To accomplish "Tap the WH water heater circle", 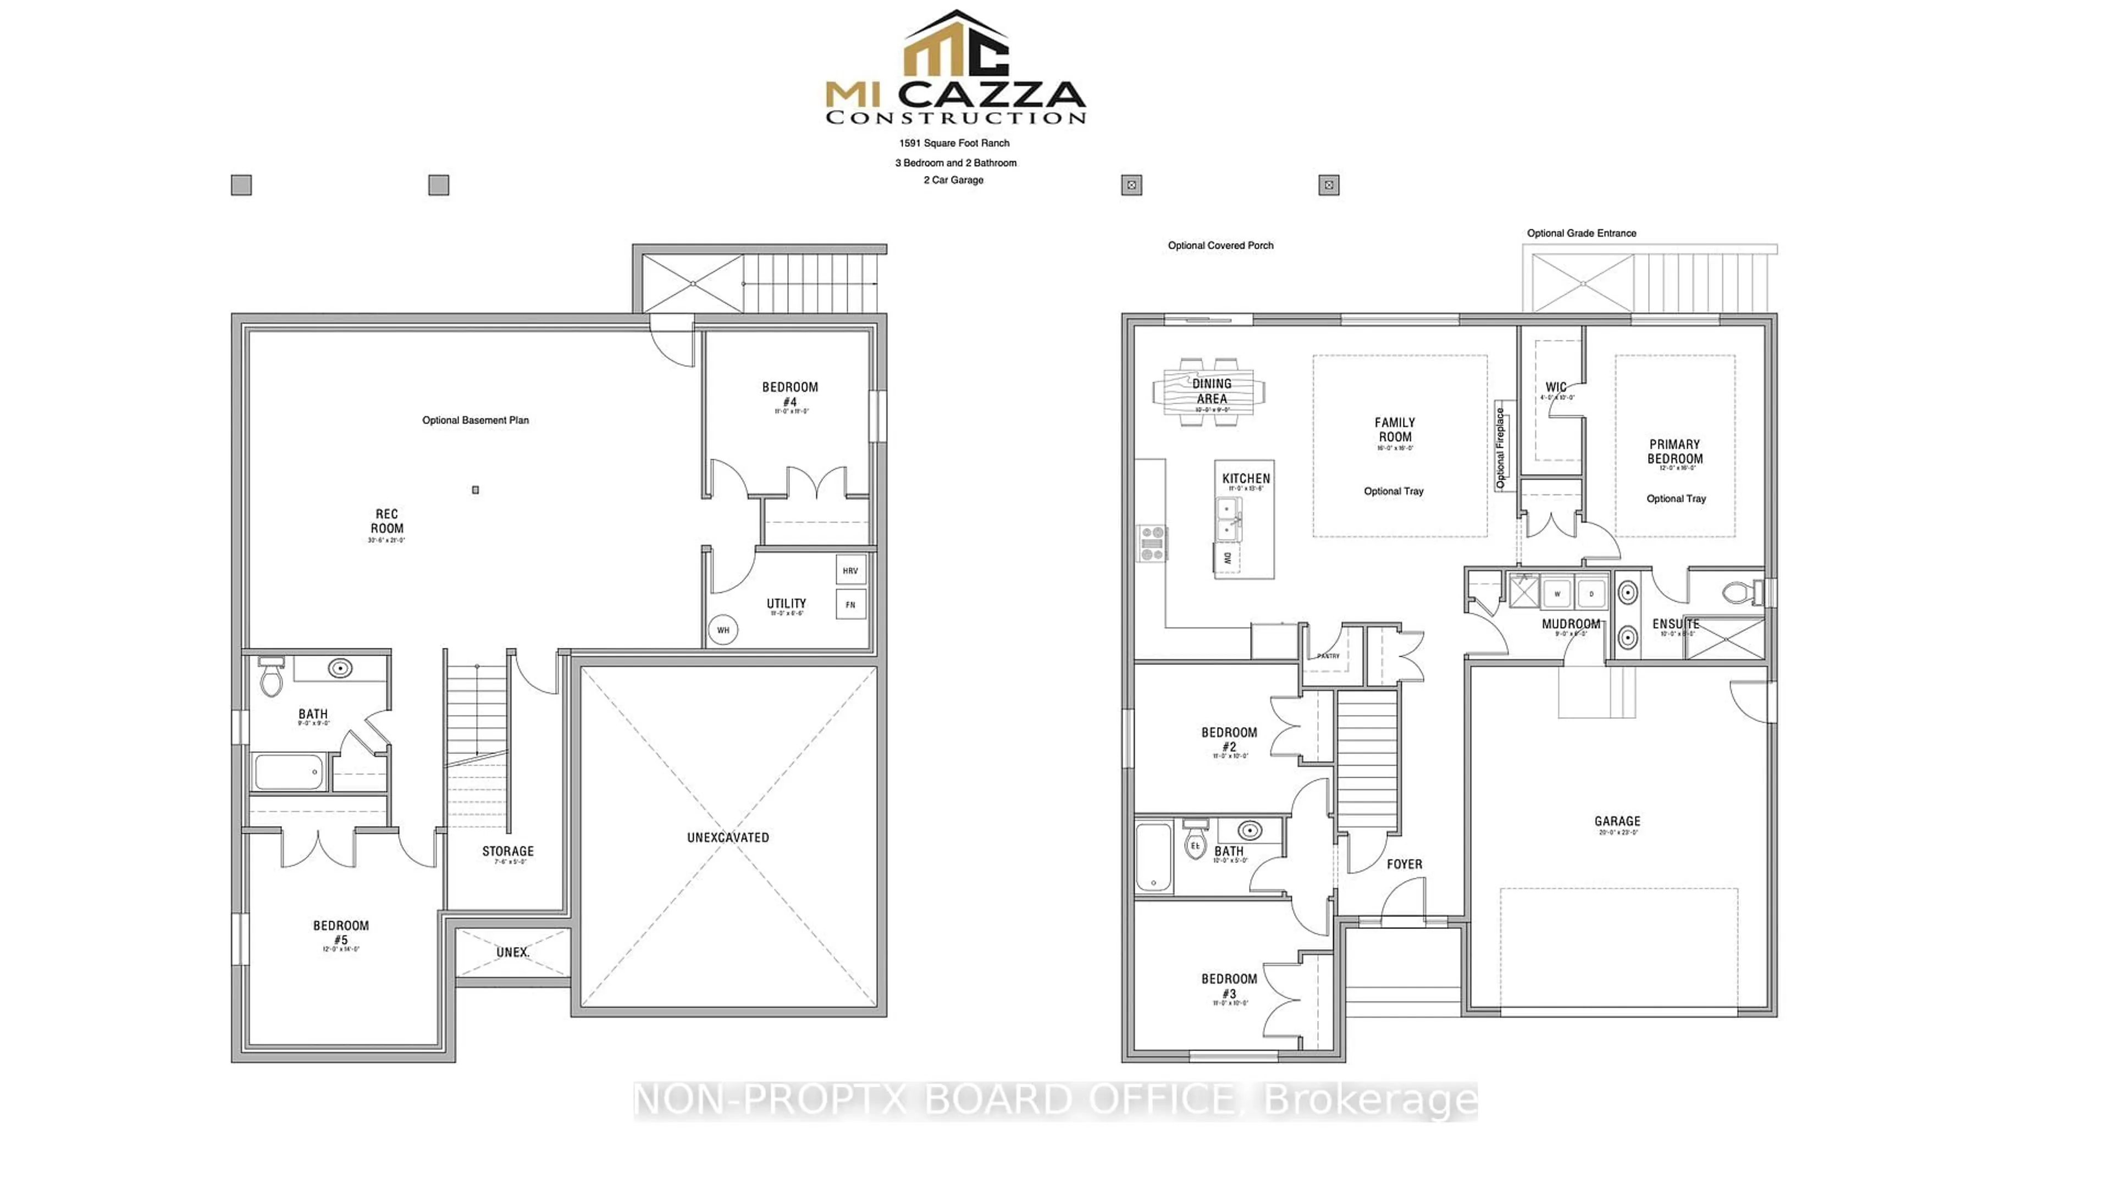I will point(723,630).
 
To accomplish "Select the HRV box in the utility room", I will point(850,570).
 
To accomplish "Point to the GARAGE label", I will point(1617,821).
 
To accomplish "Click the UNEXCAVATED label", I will point(728,837).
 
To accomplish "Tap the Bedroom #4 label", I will point(790,393).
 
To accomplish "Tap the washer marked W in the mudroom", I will point(1556,592).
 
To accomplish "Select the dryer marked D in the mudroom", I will point(1590,592).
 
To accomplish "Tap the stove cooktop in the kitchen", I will point(1151,543).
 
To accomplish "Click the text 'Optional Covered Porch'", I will point(1220,245).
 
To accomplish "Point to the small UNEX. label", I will point(512,952).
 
